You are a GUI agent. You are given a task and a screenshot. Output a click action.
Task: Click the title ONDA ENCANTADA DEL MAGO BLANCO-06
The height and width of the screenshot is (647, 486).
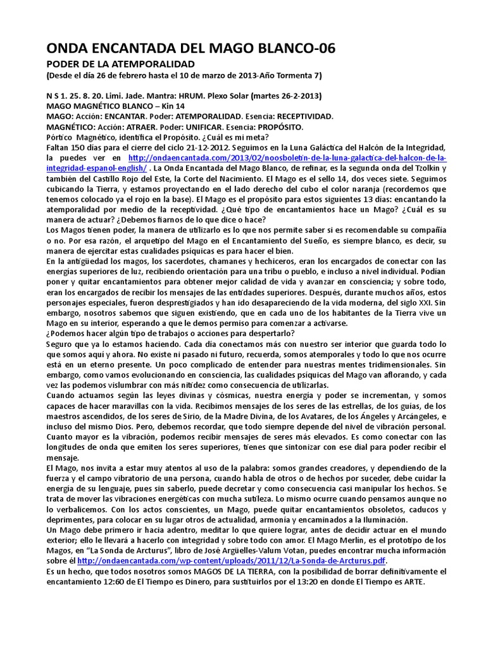[x=190, y=49]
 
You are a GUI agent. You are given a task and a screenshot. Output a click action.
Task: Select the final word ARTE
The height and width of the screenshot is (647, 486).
[x=411, y=581]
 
